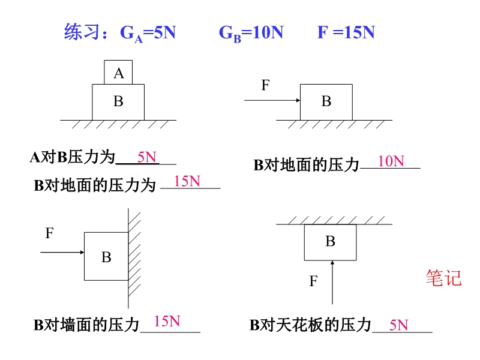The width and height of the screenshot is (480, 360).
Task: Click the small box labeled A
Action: [x=118, y=72]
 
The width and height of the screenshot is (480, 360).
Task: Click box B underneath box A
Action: [x=118, y=102]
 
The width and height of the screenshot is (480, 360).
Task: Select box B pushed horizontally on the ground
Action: [x=326, y=102]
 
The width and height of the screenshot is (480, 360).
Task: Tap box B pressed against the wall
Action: [x=106, y=256]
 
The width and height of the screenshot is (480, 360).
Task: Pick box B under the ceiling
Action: [x=330, y=242]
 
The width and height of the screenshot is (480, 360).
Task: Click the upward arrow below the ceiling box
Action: [x=332, y=282]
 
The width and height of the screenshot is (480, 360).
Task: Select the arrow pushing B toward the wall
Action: [x=62, y=253]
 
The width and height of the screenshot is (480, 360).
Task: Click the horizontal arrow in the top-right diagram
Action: [x=272, y=101]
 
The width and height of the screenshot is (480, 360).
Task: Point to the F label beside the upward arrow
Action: [x=313, y=281]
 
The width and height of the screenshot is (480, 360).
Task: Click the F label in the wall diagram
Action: [x=50, y=233]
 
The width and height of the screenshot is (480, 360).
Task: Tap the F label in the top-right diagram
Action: [x=266, y=85]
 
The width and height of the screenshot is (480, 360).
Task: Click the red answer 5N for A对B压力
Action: [x=146, y=157]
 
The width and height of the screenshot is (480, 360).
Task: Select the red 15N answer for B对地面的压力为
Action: [x=187, y=181]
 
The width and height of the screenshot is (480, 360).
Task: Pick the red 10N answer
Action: [x=391, y=161]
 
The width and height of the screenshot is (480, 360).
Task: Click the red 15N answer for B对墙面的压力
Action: [x=167, y=321]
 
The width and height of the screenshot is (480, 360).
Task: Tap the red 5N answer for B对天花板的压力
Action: [x=398, y=325]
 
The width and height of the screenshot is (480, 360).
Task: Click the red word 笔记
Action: [x=443, y=278]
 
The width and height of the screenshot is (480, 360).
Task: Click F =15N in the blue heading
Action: [x=346, y=32]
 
